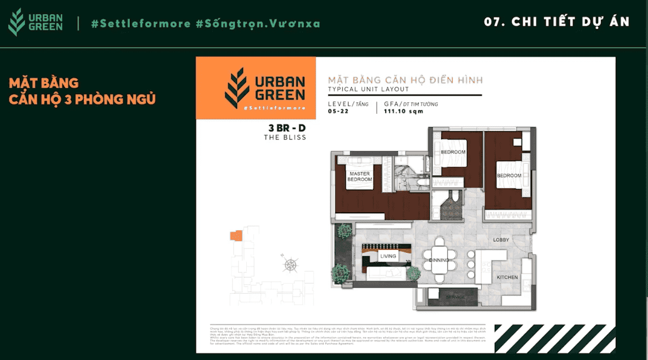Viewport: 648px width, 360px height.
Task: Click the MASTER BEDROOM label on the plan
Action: pyautogui.click(x=360, y=177)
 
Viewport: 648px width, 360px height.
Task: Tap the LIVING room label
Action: pyautogui.click(x=388, y=256)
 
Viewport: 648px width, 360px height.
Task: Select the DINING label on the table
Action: pyautogui.click(x=439, y=260)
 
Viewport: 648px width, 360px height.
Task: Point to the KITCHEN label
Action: pyautogui.click(x=507, y=277)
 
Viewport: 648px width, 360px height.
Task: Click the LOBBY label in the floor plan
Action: pyautogui.click(x=501, y=240)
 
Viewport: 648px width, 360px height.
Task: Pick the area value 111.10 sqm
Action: pyautogui.click(x=403, y=112)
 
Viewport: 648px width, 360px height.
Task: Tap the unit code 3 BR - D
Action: pyautogui.click(x=287, y=128)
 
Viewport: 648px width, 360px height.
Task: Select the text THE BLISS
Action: pyautogui.click(x=285, y=138)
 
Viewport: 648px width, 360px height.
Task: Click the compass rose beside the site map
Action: pyautogui.click(x=290, y=265)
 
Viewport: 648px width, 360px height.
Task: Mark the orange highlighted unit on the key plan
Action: pyautogui.click(x=236, y=236)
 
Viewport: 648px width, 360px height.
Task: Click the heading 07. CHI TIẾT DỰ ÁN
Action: pyautogui.click(x=557, y=22)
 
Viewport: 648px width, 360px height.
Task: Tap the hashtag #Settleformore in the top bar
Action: pyautogui.click(x=141, y=24)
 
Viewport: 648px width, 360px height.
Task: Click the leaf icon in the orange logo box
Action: pyautogui.click(x=237, y=88)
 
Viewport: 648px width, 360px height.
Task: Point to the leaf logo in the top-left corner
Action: pyautogui.click(x=17, y=22)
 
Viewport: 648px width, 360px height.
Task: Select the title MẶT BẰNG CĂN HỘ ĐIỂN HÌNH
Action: pyautogui.click(x=405, y=80)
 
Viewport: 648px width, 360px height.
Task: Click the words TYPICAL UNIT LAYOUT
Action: pyautogui.click(x=368, y=89)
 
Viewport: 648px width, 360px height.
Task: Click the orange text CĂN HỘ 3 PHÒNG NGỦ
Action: pyautogui.click(x=82, y=99)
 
